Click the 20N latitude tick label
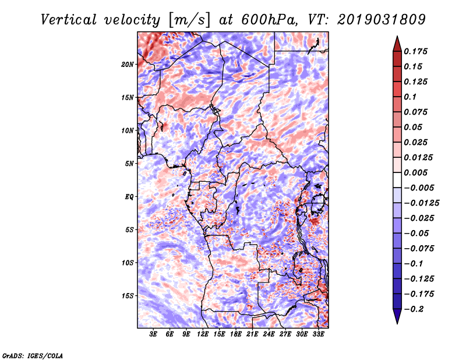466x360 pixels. point(128,65)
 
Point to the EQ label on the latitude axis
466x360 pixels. point(129,197)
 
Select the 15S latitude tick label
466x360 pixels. point(128,296)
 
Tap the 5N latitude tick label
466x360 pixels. point(129,164)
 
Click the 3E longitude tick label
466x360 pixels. point(153,334)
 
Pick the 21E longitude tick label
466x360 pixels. point(252,334)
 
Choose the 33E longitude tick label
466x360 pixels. point(318,334)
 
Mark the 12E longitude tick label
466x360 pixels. point(203,334)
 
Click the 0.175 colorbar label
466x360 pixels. point(415,51)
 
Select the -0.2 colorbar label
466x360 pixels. point(414,309)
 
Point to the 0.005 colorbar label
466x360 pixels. point(415,172)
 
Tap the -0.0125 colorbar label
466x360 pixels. point(421,203)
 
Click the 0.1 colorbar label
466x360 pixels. point(410,97)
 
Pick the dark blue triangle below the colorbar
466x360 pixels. point(397,316)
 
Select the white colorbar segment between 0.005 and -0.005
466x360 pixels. point(397,180)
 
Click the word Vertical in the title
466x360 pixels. point(69,20)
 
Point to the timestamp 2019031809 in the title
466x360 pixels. point(382,20)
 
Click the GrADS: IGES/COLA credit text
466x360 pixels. point(33,355)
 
